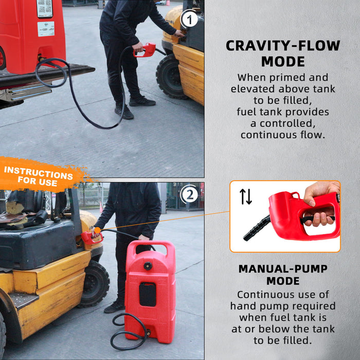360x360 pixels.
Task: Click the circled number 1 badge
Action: click(190, 20)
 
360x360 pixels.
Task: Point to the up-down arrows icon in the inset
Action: click(246, 196)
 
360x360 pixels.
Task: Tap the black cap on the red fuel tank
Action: click(148, 266)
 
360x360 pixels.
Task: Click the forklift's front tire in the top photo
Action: click(170, 76)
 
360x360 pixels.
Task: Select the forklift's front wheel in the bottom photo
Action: click(94, 283)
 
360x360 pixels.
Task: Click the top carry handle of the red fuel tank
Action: click(150, 248)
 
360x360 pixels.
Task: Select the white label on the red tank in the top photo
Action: click(45, 28)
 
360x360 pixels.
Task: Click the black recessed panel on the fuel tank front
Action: click(148, 294)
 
